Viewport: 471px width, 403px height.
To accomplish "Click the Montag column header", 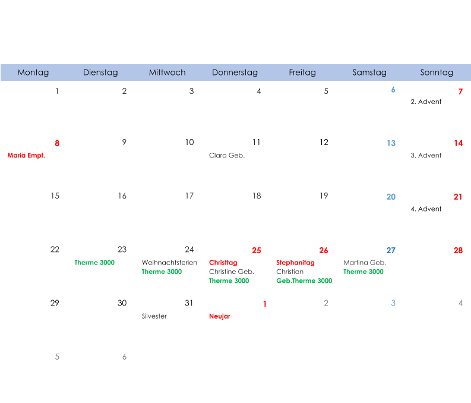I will (33, 73).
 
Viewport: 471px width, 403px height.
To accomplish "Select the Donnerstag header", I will (235, 73).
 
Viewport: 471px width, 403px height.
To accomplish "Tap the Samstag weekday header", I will (369, 73).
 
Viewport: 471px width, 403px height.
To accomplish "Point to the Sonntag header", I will (437, 73).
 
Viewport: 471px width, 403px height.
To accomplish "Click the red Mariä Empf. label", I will (26, 156).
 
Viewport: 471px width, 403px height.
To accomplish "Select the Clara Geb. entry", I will (227, 156).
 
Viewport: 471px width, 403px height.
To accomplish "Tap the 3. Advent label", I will (426, 156).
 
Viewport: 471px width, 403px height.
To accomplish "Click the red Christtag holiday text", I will (223, 263).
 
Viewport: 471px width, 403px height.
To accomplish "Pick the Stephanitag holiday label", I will (295, 263).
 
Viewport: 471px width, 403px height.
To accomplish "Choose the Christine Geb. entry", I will (232, 272).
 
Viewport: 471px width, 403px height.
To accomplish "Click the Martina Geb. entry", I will (365, 263).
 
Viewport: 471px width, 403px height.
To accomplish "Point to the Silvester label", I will (154, 316).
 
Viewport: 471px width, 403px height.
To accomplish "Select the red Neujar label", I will (219, 316).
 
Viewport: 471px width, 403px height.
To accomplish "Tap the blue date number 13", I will (391, 143).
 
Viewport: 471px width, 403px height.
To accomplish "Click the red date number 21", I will (458, 197).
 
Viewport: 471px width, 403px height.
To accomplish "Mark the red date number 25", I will (256, 250).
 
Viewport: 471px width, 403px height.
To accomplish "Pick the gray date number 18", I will (256, 196).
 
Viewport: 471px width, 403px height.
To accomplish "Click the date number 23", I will (122, 250).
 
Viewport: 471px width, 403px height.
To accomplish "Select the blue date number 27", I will (391, 250).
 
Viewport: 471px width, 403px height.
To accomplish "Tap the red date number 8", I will (57, 143).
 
